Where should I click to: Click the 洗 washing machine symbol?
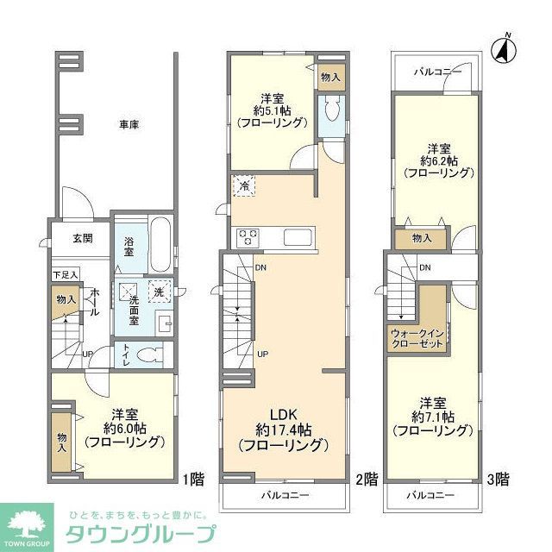click(x=158, y=292)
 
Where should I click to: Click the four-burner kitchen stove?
click(x=248, y=236)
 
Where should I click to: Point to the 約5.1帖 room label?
click(x=271, y=110)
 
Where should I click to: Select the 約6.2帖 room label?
click(x=439, y=160)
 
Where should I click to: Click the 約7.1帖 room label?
click(x=432, y=416)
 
